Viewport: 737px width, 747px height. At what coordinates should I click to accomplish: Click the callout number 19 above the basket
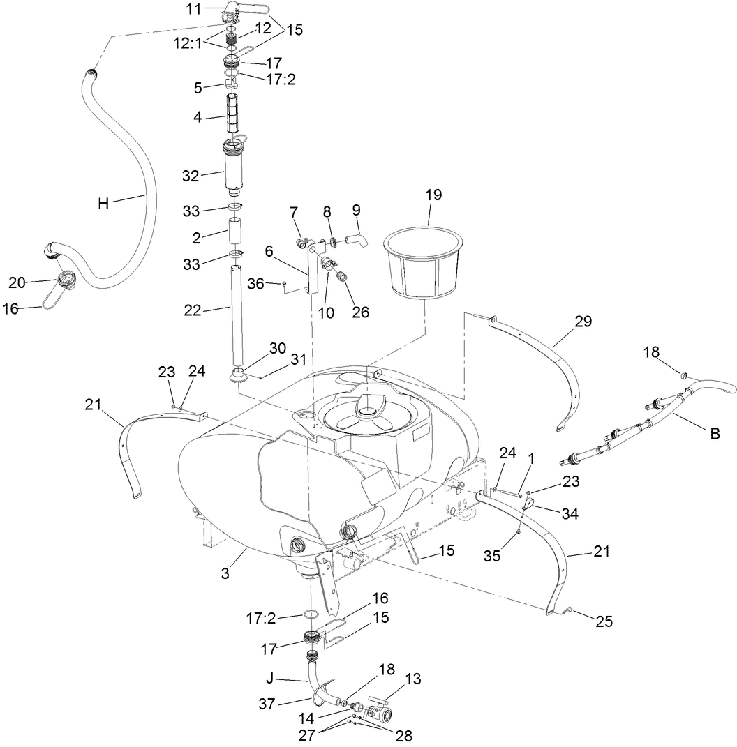433,195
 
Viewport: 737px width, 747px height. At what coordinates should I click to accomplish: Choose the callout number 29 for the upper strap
583,322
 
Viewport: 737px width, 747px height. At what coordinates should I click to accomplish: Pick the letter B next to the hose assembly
715,433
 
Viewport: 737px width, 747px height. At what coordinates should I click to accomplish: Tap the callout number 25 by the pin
604,621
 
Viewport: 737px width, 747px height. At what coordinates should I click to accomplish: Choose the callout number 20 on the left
17,282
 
